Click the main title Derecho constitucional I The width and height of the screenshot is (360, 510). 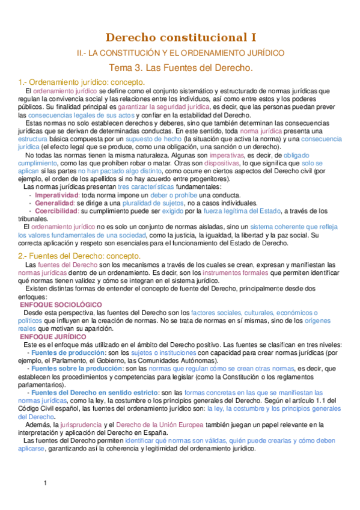pyautogui.click(x=180, y=38)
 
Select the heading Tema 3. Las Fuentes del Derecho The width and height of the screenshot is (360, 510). pyautogui.click(x=180, y=68)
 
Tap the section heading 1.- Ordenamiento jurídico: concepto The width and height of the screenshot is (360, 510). pyautogui.click(x=82, y=82)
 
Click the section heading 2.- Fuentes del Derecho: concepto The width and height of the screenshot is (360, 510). pyautogui.click(x=79, y=255)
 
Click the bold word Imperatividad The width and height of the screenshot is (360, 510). pyautogui.click(x=57, y=195)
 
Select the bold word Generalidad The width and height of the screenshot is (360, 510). pyautogui.click(x=55, y=203)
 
